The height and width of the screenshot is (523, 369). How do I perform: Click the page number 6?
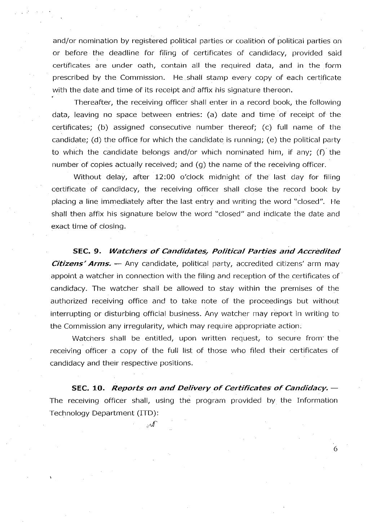(335, 449)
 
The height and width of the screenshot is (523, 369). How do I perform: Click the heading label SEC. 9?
(88, 251)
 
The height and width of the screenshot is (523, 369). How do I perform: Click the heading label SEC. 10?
(88, 388)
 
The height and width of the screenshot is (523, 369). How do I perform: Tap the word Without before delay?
(85, 177)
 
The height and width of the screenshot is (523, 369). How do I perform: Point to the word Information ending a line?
(317, 400)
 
